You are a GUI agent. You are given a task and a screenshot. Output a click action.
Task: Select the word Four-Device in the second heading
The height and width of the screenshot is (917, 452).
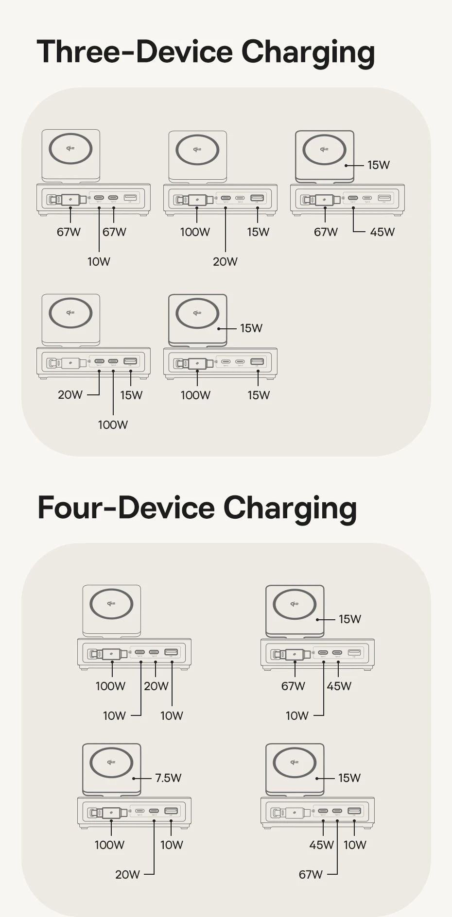click(126, 508)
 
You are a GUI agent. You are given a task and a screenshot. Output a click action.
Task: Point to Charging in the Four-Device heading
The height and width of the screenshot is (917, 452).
click(290, 509)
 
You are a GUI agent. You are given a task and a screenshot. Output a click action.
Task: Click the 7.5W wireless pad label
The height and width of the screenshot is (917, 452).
click(168, 778)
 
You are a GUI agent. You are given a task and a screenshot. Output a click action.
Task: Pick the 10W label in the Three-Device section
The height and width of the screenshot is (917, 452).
click(99, 261)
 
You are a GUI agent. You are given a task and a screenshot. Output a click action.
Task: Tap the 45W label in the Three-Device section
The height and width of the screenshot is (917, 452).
click(382, 232)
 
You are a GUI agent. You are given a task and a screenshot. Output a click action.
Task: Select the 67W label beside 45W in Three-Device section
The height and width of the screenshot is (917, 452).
click(326, 232)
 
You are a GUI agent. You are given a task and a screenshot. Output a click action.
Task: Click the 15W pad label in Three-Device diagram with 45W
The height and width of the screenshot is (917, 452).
click(378, 165)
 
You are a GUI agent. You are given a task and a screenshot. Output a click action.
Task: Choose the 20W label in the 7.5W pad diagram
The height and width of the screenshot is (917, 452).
click(127, 874)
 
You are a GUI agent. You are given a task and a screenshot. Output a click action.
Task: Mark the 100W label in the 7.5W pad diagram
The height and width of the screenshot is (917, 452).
click(109, 845)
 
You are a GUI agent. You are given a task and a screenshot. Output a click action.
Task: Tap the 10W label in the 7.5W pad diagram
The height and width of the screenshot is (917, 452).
click(172, 845)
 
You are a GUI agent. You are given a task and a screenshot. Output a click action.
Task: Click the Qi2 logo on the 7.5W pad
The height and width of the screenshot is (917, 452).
click(111, 762)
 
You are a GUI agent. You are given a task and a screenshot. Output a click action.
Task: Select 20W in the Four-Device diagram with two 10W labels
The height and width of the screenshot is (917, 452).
click(156, 686)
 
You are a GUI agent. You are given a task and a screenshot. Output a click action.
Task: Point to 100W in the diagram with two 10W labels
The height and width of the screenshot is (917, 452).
click(110, 686)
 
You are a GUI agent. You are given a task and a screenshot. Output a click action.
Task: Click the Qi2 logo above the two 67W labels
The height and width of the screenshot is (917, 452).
click(70, 148)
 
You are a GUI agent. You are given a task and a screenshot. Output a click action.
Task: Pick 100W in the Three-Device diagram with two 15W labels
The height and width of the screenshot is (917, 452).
click(195, 395)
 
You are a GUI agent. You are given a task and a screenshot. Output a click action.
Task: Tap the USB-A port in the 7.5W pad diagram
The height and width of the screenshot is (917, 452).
click(171, 811)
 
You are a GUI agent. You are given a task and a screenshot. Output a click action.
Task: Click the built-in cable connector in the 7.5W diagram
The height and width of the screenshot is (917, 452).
click(111, 813)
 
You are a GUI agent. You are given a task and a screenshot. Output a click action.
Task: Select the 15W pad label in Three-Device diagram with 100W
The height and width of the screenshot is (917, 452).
click(251, 328)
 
